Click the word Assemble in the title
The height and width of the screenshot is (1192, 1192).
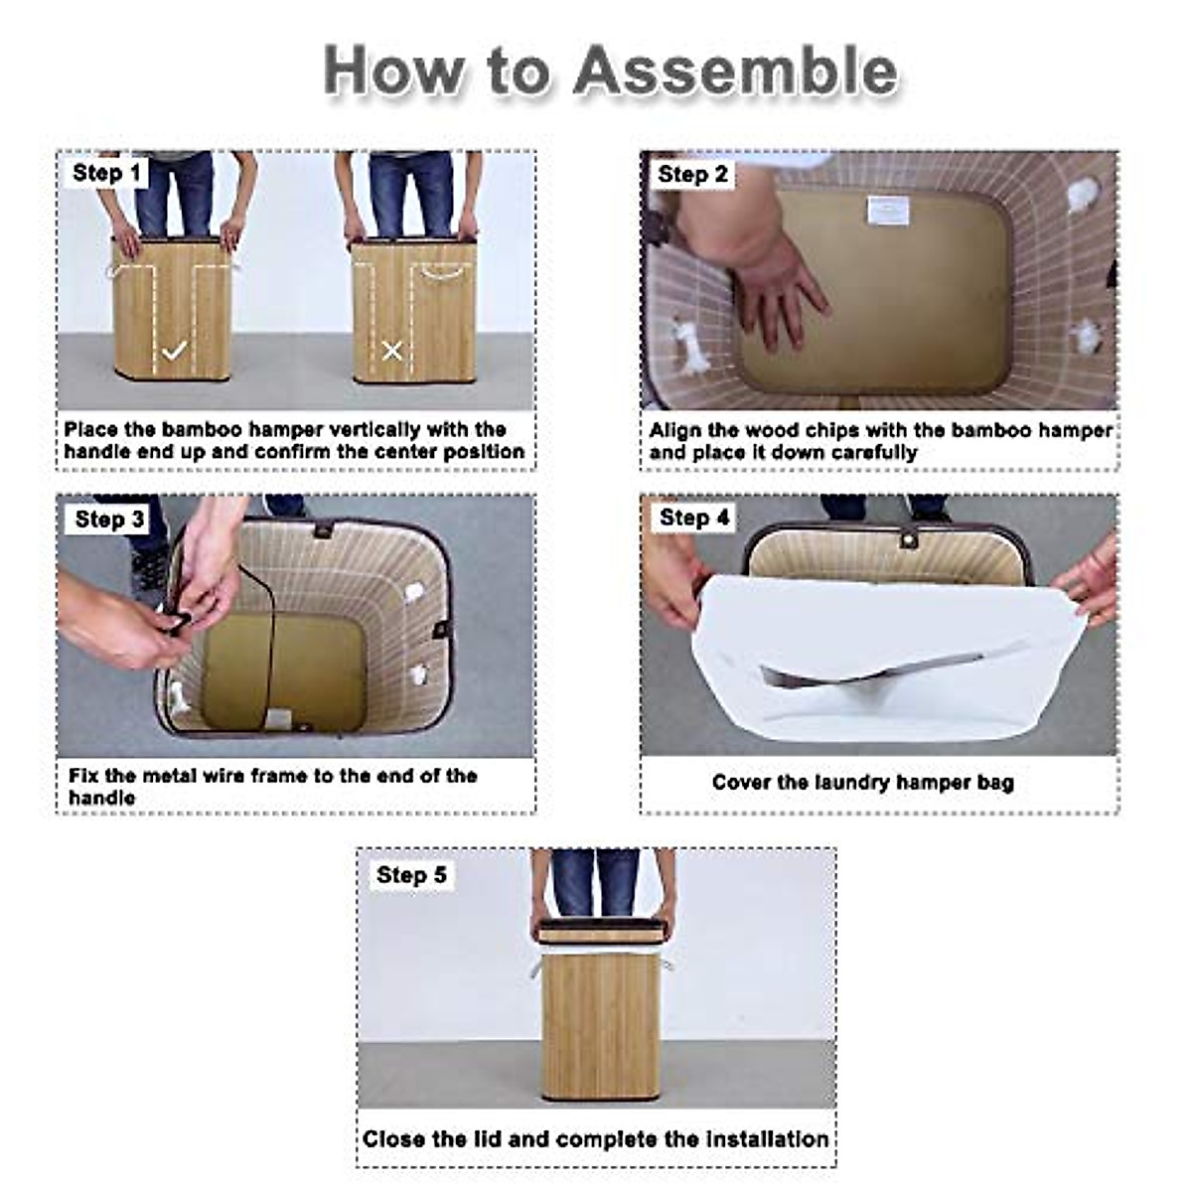coord(735,72)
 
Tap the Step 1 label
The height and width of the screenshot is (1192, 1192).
coord(105,173)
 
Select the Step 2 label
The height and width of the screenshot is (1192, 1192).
coord(692,174)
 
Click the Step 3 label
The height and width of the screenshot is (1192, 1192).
coord(108,519)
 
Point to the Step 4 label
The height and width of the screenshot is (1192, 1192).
coord(694,518)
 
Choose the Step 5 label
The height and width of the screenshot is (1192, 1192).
coord(410,875)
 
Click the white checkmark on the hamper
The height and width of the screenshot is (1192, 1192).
coord(174,352)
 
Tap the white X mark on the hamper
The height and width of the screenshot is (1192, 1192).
coord(392,352)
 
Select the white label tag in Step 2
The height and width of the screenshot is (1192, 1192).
coord(889,211)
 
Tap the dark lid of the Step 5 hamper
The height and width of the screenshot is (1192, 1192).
coord(601,932)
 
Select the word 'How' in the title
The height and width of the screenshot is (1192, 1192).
coord(393,72)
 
